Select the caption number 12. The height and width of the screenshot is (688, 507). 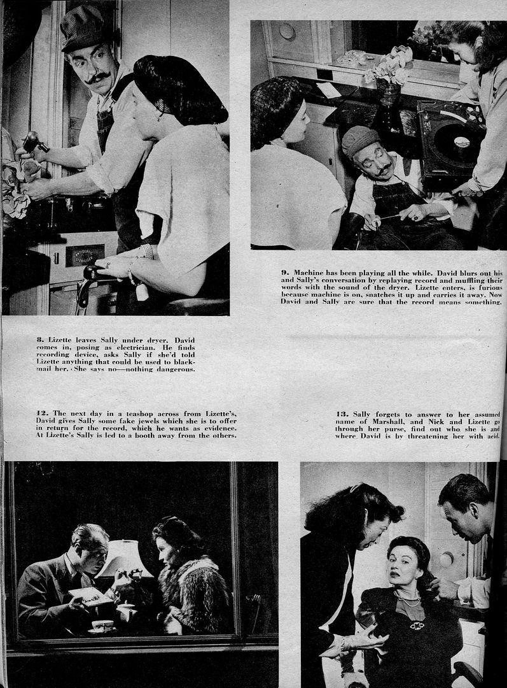pyautogui.click(x=41, y=413)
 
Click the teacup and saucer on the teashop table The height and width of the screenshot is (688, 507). pyautogui.click(x=102, y=626)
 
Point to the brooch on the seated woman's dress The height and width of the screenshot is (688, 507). pyautogui.click(x=417, y=625)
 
